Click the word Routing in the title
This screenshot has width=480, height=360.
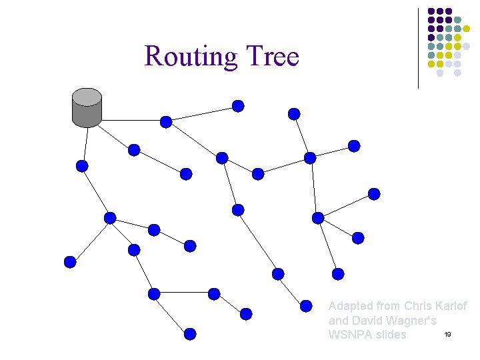coord(188,57)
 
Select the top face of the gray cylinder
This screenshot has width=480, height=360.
coord(87,97)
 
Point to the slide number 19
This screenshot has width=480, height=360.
coord(447,333)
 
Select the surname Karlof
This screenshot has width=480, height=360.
coord(451,306)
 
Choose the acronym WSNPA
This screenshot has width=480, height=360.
coord(349,334)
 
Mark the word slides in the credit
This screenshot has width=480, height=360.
coord(390,334)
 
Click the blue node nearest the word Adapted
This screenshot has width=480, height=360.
coord(306,306)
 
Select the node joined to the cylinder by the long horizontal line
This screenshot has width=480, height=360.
coord(166,121)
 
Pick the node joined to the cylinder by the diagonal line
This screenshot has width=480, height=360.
coord(134,150)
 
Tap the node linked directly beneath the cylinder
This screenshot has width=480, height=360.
coord(82,166)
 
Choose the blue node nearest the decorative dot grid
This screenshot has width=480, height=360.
coord(354,146)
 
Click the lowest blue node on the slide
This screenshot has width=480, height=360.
coord(190,334)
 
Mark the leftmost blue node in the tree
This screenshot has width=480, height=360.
coord(70,262)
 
